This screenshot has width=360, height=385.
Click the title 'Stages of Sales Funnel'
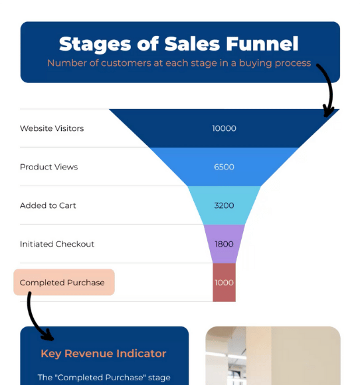pyautogui.click(x=179, y=44)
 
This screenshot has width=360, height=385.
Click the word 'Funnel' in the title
pyautogui.click(x=262, y=44)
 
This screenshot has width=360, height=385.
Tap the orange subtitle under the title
pyautogui.click(x=179, y=63)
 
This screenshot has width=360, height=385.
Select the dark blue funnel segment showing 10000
pyautogui.click(x=224, y=128)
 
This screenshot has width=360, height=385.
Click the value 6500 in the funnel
pyautogui.click(x=224, y=167)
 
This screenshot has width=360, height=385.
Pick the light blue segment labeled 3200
pyautogui.click(x=224, y=205)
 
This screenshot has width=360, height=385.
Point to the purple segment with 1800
pyautogui.click(x=224, y=244)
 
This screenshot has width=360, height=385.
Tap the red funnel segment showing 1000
pyautogui.click(x=224, y=283)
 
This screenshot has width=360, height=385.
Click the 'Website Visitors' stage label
pyautogui.click(x=52, y=128)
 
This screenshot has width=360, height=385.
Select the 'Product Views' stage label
pyautogui.click(x=48, y=167)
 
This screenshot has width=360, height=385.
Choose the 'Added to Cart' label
pyautogui.click(x=48, y=205)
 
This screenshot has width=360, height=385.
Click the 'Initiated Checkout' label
pyautogui.click(x=57, y=244)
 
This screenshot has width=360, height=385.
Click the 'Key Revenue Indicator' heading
pyautogui.click(x=104, y=354)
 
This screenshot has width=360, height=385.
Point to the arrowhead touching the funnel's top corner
pyautogui.click(x=328, y=112)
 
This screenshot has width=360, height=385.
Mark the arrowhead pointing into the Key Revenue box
pyautogui.click(x=48, y=336)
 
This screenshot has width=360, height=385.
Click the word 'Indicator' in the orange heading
pyautogui.click(x=141, y=353)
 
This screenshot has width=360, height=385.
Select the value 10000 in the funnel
pyautogui.click(x=224, y=128)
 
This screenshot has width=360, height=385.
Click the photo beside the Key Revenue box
pyautogui.click(x=273, y=356)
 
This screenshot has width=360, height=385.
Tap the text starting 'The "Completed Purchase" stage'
pyautogui.click(x=104, y=378)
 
